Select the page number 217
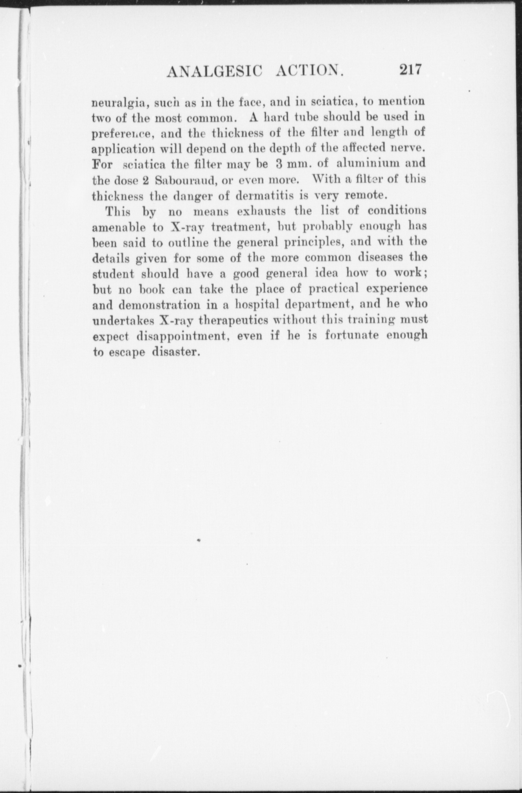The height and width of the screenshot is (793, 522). (410, 70)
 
